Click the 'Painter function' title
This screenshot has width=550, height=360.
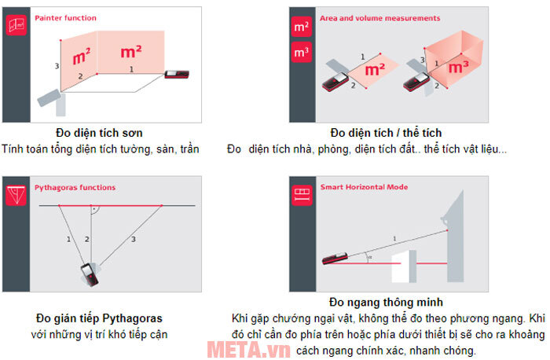[x=66, y=17]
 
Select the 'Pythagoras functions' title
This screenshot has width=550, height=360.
[x=75, y=188]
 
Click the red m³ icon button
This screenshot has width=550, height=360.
[x=301, y=53]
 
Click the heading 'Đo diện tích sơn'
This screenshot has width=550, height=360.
[x=99, y=132]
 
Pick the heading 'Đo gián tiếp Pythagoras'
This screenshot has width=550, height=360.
[x=99, y=318]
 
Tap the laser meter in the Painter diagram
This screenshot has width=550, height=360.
[x=176, y=74]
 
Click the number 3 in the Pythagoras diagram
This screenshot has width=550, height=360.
[x=134, y=238]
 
